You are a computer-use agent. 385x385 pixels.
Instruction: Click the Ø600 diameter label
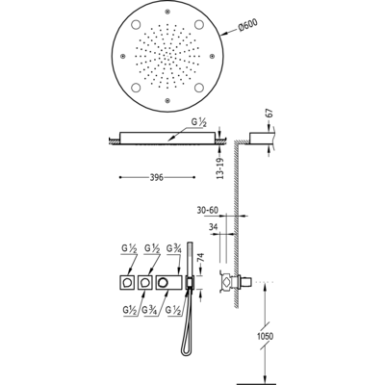click(x=247, y=26)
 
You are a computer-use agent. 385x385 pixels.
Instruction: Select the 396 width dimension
click(x=157, y=177)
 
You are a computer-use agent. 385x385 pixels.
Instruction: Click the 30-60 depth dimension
click(x=207, y=210)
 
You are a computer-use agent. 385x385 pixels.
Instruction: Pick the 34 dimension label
click(x=213, y=227)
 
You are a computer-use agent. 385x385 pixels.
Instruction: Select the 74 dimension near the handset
click(x=200, y=258)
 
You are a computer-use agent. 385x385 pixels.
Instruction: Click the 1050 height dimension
click(x=265, y=336)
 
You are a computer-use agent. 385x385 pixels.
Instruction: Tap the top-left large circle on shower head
click(x=136, y=25)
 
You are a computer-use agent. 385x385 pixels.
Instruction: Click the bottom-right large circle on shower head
click(x=199, y=88)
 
